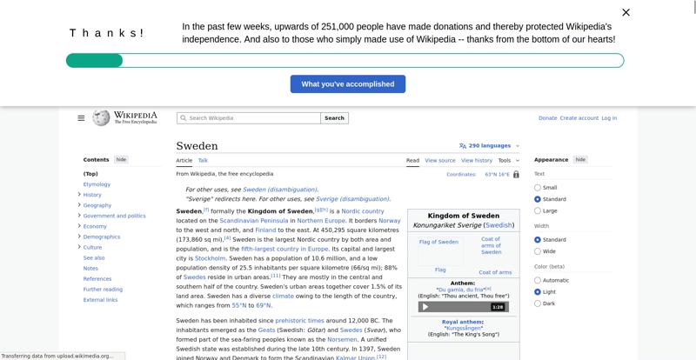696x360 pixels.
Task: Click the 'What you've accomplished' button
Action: [x=347, y=84]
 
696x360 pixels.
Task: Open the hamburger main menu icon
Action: [x=81, y=118]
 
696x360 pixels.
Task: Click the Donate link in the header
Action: [x=547, y=118]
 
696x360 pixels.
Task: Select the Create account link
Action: [x=579, y=118]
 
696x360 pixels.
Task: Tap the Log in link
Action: [x=609, y=118]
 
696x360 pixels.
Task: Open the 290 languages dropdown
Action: [x=489, y=146]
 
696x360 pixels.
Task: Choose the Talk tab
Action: [x=203, y=161]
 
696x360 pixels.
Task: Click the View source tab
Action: [x=440, y=161]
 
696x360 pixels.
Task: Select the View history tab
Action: [x=476, y=161]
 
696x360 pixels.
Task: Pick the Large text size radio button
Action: [x=538, y=210]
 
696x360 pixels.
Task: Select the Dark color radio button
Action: [x=538, y=303]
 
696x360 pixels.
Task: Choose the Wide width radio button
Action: [x=538, y=251]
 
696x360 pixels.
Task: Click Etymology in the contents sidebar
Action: [x=97, y=184]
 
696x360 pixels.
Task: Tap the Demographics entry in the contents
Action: [x=102, y=237]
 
